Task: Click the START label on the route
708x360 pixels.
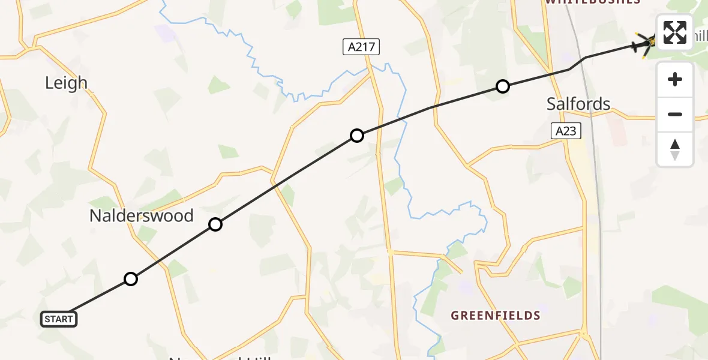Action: pyautogui.click(x=59, y=319)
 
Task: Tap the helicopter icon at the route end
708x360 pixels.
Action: pyautogui.click(x=646, y=43)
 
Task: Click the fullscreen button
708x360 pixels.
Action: pyautogui.click(x=675, y=32)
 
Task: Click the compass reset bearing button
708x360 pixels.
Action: pyautogui.click(x=675, y=149)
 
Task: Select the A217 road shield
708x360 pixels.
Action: pyautogui.click(x=361, y=47)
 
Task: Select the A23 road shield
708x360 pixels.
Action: pyautogui.click(x=566, y=131)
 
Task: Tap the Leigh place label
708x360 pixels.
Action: pyautogui.click(x=66, y=83)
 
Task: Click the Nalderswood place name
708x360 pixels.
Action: pyautogui.click(x=141, y=216)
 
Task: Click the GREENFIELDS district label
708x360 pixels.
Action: pyautogui.click(x=496, y=316)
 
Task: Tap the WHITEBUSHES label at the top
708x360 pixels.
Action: pyautogui.click(x=592, y=2)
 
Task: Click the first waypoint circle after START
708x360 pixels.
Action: pyautogui.click(x=131, y=278)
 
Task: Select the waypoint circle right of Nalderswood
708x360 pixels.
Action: pyautogui.click(x=215, y=224)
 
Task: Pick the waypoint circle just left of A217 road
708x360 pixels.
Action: pyautogui.click(x=357, y=136)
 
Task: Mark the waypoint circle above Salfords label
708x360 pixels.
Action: pyautogui.click(x=503, y=86)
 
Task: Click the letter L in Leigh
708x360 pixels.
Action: pyautogui.click(x=49, y=83)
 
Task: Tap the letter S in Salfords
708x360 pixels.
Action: pyautogui.click(x=551, y=104)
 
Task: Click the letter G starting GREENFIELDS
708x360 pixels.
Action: pyautogui.click(x=455, y=316)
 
